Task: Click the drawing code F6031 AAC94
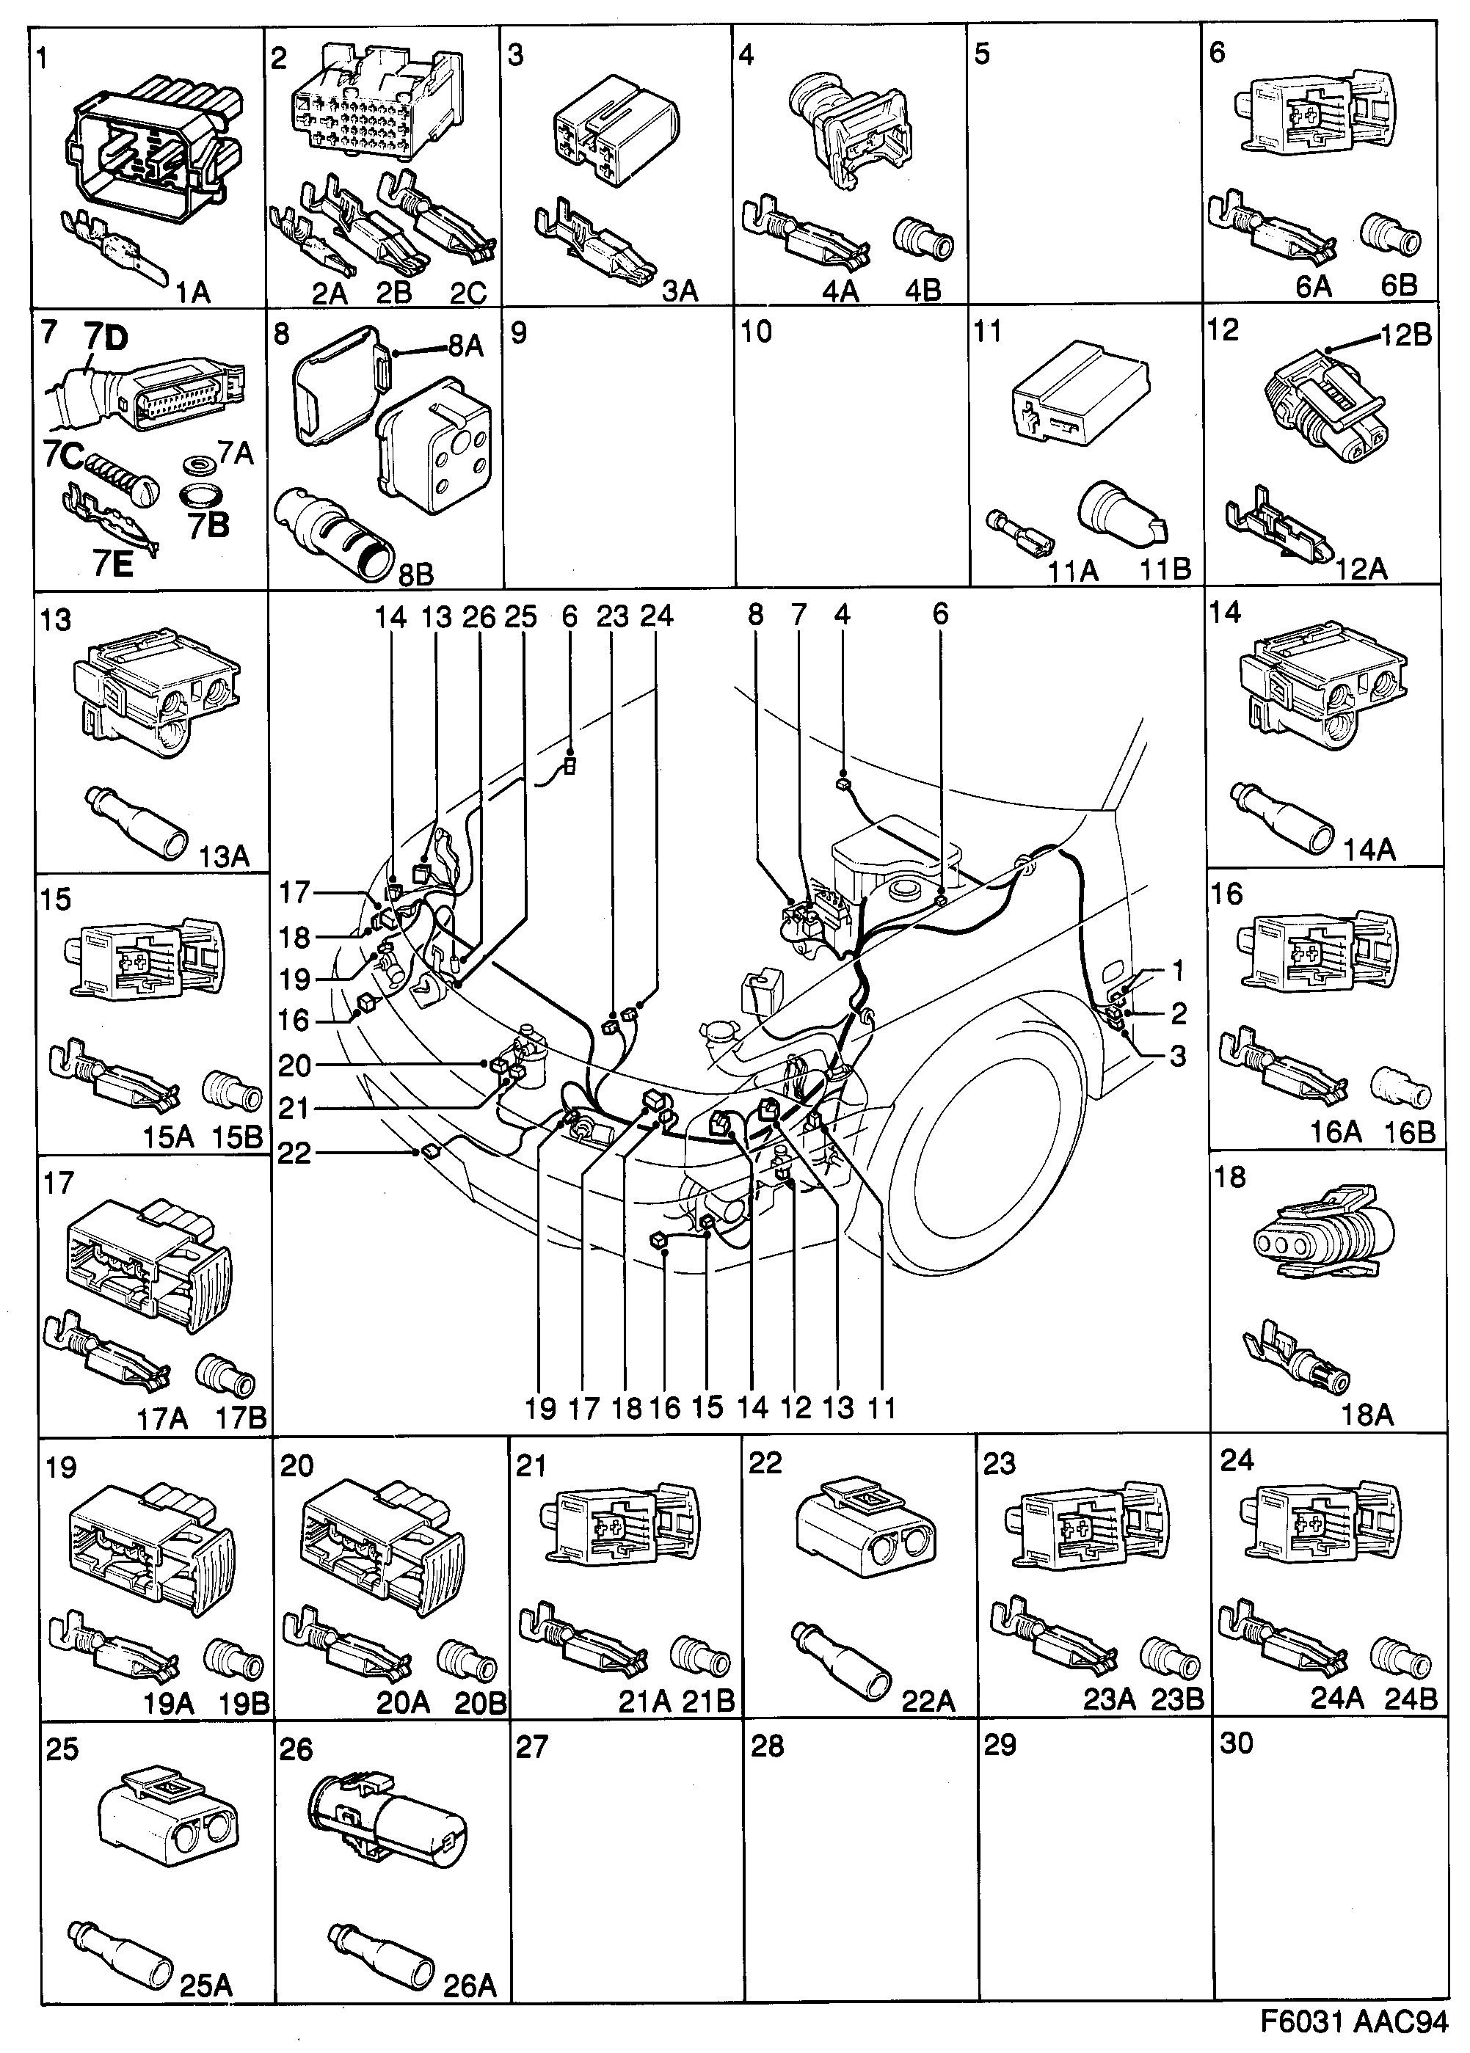tap(1354, 2023)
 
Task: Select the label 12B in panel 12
tap(1405, 335)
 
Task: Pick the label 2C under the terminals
tap(468, 291)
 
